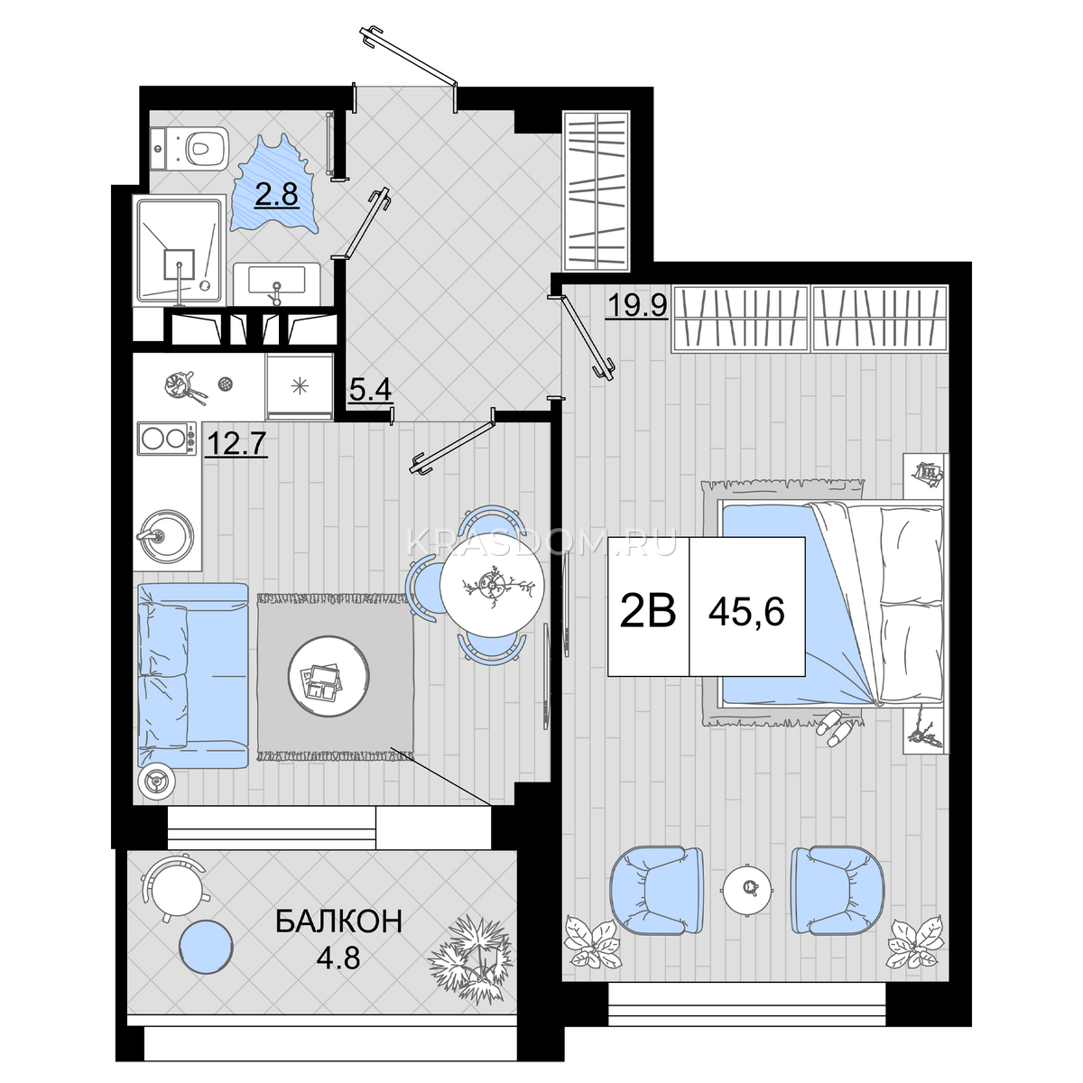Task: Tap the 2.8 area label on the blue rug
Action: [276, 195]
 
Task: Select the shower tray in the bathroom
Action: [179, 251]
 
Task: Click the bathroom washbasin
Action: [276, 283]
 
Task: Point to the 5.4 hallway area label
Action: [370, 390]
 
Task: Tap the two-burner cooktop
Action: [167, 439]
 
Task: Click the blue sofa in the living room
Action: [193, 676]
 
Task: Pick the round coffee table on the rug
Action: [329, 676]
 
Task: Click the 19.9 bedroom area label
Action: [637, 306]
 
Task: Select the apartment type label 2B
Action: [648, 612]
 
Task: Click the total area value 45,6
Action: [746, 613]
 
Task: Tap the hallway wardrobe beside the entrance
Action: [597, 189]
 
